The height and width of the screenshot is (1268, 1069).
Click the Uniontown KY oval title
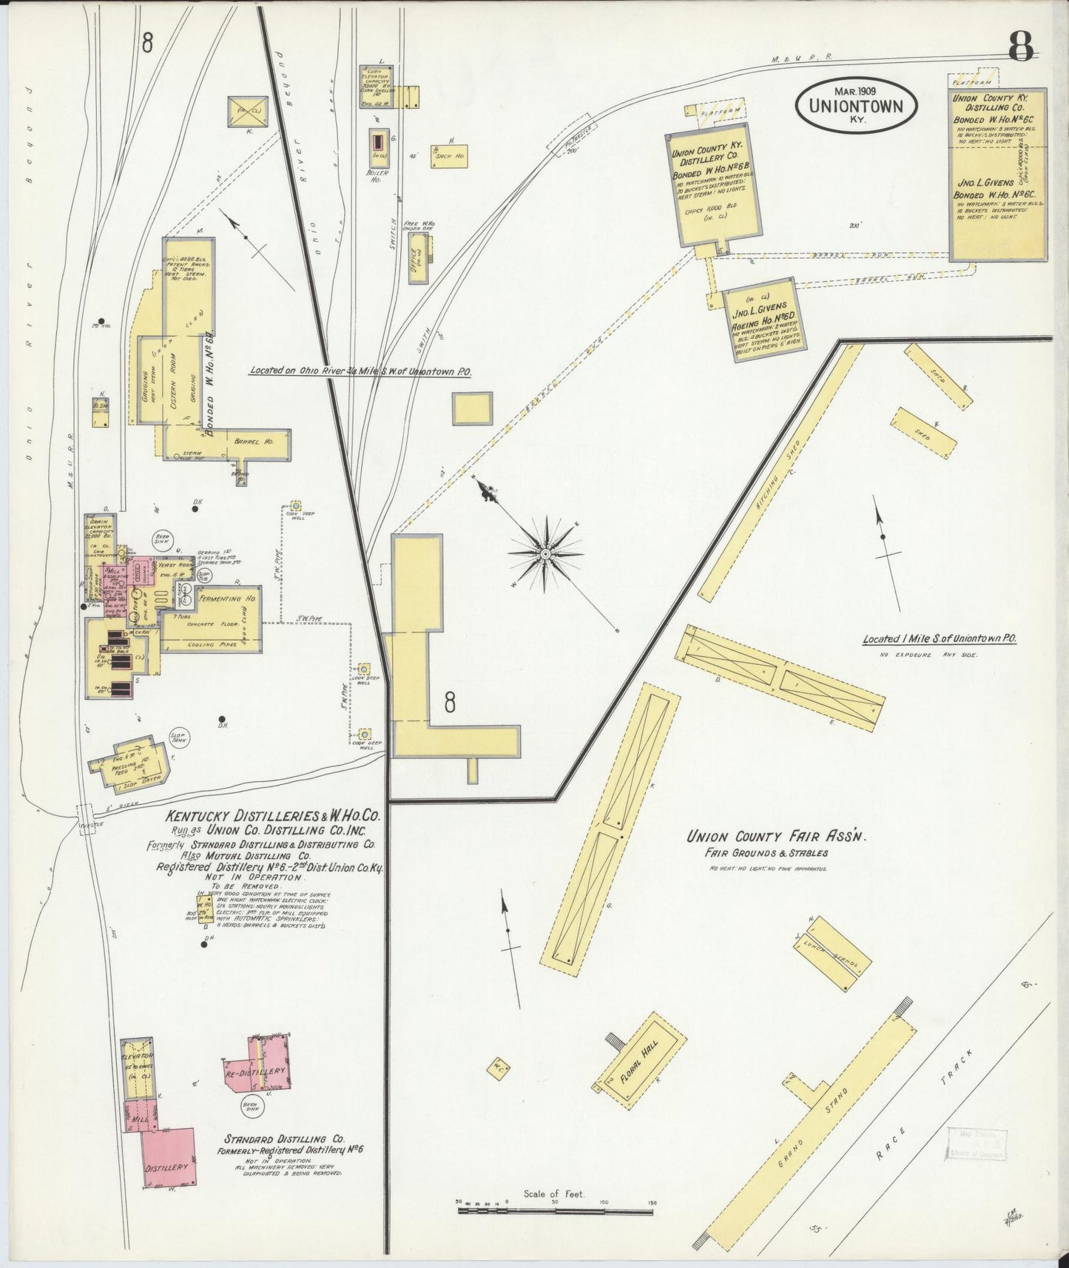click(856, 105)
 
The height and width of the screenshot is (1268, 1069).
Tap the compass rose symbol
click(545, 553)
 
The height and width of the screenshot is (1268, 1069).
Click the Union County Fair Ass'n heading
click(776, 837)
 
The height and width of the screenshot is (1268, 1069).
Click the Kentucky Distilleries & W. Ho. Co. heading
click(272, 817)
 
